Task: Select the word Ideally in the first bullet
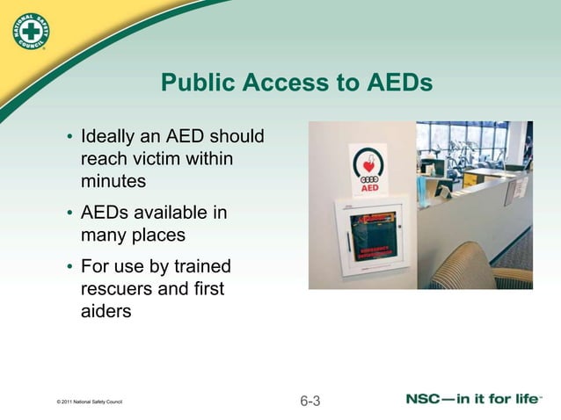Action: (109, 139)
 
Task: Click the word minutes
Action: (113, 181)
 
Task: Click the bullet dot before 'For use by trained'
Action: (69, 268)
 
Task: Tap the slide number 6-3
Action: (310, 402)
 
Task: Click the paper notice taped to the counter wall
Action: (521, 188)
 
